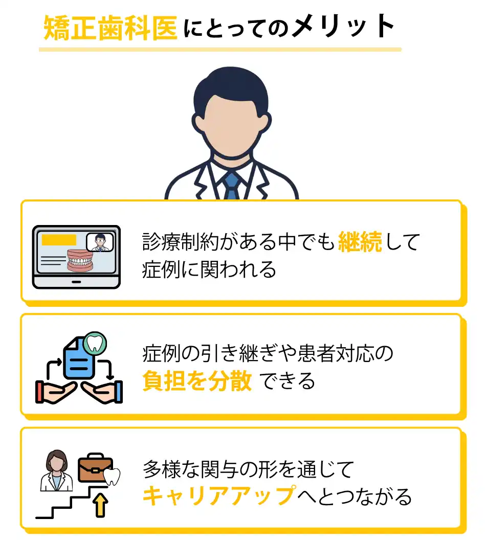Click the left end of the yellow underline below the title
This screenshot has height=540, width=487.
[39, 50]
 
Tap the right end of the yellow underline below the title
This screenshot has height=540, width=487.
[401, 50]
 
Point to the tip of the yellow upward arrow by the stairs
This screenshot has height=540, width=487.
[101, 493]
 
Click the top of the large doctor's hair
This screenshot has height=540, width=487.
[231, 67]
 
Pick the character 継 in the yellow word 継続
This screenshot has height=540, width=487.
[349, 242]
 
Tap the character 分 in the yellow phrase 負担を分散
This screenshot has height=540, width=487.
[219, 381]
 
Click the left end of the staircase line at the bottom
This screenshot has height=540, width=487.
[36, 517]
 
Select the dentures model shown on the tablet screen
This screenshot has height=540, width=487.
[80, 260]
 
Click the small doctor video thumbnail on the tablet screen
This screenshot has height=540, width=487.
[100, 242]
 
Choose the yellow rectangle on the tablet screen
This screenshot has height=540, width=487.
[59, 240]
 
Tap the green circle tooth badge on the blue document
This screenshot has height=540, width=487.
[95, 343]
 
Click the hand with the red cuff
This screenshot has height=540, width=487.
[55, 392]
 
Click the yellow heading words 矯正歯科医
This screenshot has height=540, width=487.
[110, 28]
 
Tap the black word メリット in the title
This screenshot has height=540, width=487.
[344, 26]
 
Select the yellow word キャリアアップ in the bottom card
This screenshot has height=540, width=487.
[219, 496]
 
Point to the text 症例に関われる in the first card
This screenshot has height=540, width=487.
[209, 269]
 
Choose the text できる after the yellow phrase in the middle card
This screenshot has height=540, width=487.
[287, 381]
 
